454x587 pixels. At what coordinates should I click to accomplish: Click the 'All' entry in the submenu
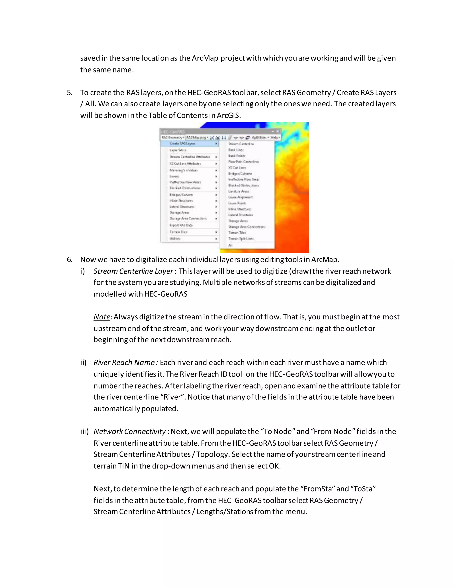click(231, 245)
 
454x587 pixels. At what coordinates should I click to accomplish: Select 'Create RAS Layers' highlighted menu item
click(182, 144)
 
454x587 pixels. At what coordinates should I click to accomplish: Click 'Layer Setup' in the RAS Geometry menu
click(178, 150)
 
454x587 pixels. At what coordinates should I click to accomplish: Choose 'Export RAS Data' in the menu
click(181, 225)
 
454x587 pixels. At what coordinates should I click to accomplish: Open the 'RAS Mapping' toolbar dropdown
click(197, 138)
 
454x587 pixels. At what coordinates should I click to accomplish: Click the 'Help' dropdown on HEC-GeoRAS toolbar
click(275, 138)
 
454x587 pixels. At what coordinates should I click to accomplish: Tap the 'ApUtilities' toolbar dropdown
click(260, 138)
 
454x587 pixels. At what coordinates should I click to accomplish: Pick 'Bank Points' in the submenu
click(237, 156)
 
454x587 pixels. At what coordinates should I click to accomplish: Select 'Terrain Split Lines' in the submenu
click(241, 239)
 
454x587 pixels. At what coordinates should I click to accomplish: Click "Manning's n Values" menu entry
click(183, 170)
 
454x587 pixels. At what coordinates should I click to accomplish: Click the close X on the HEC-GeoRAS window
click(278, 131)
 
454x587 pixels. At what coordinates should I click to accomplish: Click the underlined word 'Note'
click(102, 317)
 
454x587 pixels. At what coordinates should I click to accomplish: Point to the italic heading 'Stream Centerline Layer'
click(133, 271)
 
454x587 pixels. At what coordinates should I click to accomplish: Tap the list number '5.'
click(70, 93)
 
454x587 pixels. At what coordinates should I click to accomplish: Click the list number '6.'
click(70, 260)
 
